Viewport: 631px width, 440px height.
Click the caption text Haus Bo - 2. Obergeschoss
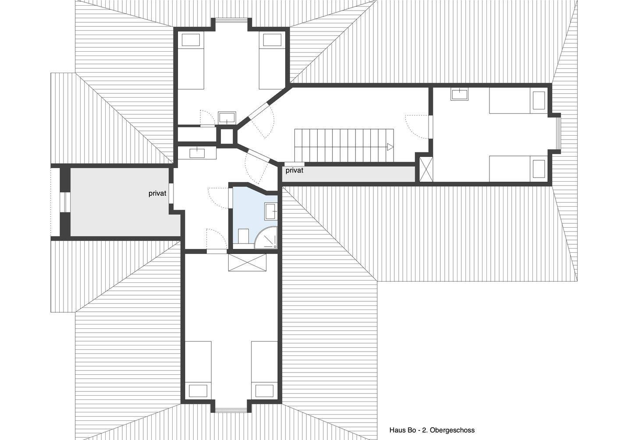432,430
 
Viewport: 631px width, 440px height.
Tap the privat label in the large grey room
157,194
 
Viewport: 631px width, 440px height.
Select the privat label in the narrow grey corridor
294,170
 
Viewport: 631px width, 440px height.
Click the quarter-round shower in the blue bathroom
266,238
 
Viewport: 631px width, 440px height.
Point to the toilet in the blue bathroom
243,236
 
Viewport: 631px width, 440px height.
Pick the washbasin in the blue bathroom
271,211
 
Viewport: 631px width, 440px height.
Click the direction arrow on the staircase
390,147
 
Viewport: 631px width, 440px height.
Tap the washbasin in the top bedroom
227,118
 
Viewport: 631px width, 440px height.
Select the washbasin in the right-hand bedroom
459,94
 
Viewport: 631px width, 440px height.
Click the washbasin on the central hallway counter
197,153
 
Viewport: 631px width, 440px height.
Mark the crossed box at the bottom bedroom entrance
247,262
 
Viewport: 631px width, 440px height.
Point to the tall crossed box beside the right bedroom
426,169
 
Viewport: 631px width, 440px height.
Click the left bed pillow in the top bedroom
191,40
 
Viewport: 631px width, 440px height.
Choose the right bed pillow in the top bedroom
272,40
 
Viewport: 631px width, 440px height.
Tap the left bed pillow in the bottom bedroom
198,391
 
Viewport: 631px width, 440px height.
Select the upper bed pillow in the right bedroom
539,101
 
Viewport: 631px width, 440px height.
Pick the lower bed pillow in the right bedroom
539,169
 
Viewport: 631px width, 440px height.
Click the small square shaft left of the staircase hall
227,136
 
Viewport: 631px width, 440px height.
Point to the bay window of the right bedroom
558,134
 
